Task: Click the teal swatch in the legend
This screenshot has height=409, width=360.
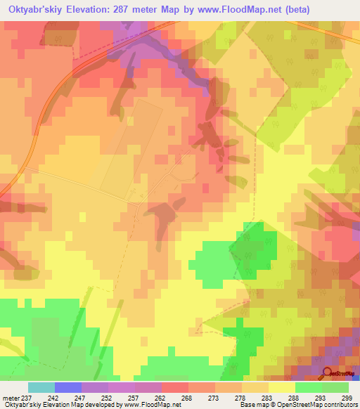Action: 41,387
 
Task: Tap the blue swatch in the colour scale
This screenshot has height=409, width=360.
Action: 68,387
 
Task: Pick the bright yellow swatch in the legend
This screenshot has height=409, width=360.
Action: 282,387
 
